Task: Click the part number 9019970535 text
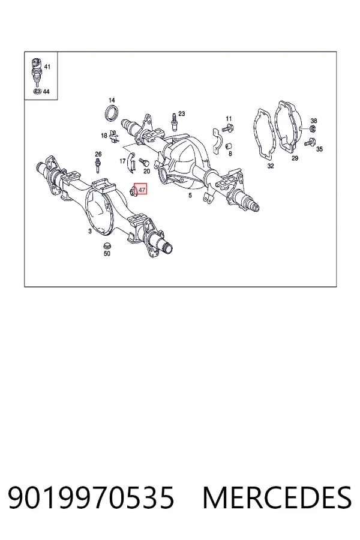pos(91,497)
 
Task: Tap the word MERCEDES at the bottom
pos(277,497)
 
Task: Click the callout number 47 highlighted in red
pos(142,190)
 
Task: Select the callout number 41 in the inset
pos(47,67)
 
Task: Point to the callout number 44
pos(46,92)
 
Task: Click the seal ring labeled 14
pos(112,113)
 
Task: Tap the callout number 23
pos(182,113)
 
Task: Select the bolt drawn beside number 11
pos(228,128)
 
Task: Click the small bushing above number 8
pos(228,146)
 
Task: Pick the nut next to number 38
pos(313,129)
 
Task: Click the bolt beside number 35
pos(310,142)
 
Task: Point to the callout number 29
pos(295,158)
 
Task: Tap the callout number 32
pos(271,166)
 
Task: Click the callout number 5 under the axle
pos(190,196)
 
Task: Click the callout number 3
pos(90,232)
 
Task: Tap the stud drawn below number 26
pos(98,166)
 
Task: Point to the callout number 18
pos(104,136)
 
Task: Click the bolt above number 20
pos(143,161)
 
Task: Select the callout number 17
pos(122,161)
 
